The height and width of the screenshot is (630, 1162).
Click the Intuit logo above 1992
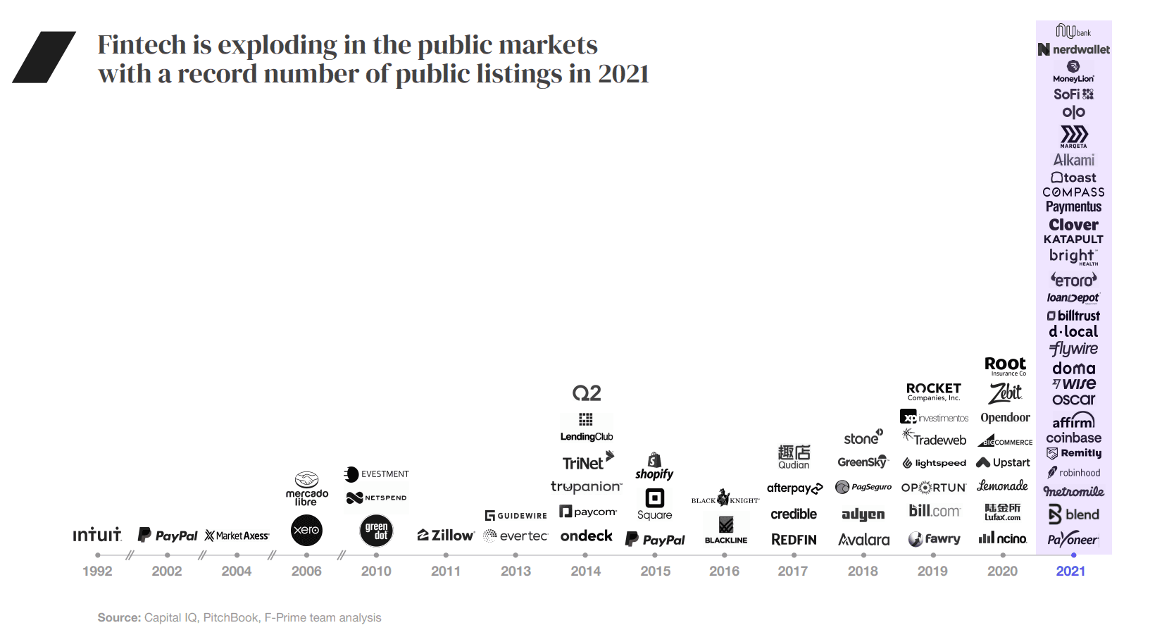pos(97,535)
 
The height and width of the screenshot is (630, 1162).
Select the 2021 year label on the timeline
pos(1070,572)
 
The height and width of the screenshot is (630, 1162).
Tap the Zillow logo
pos(446,536)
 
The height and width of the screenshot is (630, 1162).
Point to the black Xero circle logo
pos(306,530)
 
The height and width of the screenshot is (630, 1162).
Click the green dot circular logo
pos(376,531)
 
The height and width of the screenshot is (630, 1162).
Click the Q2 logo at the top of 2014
pos(587,393)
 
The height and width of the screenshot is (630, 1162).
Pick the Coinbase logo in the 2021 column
pos(1073,438)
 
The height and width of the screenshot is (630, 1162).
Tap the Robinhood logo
pos(1073,473)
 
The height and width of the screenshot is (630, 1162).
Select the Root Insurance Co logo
pos(1005,366)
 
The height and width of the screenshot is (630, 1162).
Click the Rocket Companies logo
pos(934,391)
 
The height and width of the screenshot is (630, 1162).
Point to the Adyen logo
pos(863,514)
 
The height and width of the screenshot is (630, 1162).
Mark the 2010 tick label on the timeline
pos(376,572)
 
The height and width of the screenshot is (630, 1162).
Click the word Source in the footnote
pos(118,617)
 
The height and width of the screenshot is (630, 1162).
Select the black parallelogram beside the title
pos(44,57)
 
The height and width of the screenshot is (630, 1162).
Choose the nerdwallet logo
pos(1074,49)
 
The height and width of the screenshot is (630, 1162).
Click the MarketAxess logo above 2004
pos(237,536)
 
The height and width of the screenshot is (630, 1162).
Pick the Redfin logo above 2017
pos(794,540)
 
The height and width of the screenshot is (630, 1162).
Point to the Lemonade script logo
pos(1002,486)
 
